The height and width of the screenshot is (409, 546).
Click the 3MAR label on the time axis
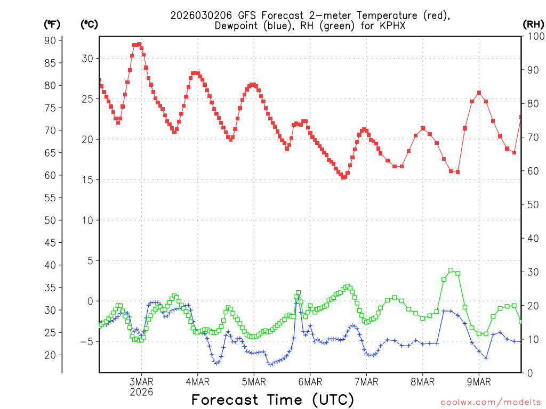[x=141, y=382]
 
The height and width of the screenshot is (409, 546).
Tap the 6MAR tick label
[x=310, y=382]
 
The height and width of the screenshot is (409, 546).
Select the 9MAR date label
[x=479, y=382]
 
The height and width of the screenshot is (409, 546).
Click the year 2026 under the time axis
[x=141, y=392]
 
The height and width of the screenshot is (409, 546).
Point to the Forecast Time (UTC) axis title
[x=272, y=399]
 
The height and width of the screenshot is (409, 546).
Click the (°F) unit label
[x=52, y=24]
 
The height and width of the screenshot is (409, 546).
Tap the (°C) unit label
[x=89, y=24]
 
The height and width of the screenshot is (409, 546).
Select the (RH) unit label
[x=533, y=24]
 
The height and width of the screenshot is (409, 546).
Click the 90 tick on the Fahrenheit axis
[x=50, y=40]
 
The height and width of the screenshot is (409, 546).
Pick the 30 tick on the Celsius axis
[x=87, y=59]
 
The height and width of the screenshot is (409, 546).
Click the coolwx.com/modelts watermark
[x=491, y=402]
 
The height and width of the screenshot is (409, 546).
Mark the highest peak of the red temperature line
[x=139, y=44]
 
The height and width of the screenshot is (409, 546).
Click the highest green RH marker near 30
[x=451, y=271]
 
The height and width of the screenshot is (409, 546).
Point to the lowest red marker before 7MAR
[x=344, y=177]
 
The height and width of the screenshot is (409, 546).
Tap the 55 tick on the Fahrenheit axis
[x=50, y=198]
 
